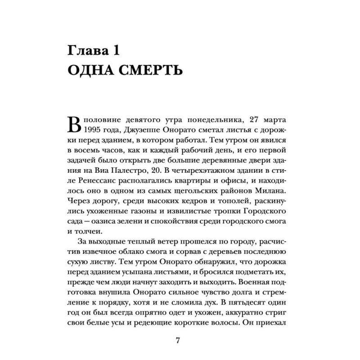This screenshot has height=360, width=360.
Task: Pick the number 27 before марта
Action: (261, 121)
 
